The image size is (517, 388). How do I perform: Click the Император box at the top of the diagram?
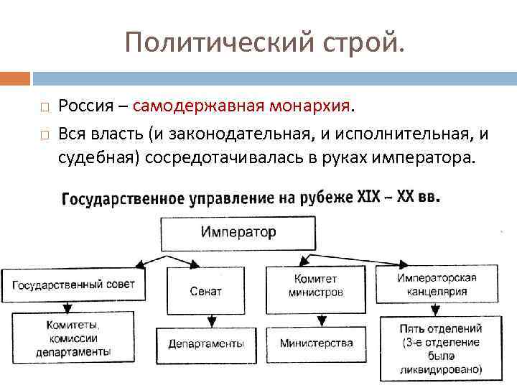click(238, 232)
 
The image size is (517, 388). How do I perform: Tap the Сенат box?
click(206, 291)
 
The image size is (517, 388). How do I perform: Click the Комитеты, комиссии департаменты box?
click(73, 338)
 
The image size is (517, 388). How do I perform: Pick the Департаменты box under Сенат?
click(206, 343)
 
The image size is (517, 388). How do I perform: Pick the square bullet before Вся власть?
click(44, 133)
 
